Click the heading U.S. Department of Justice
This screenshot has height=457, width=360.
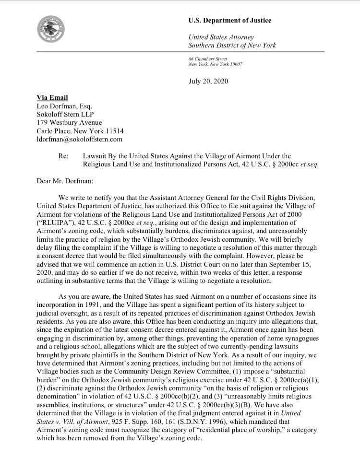tap(229, 21)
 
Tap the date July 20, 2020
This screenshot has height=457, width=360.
tap(208, 81)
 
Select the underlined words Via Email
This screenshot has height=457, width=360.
tap(53, 97)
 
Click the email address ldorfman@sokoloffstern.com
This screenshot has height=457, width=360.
tap(80, 140)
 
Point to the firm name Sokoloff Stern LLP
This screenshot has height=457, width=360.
tap(66, 114)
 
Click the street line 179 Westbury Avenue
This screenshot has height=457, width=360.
tap(69, 123)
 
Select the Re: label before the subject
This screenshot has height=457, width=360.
tap(64, 156)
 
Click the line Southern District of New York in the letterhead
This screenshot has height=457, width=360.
tap(232, 46)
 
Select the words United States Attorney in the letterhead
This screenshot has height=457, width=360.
tap(221, 37)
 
